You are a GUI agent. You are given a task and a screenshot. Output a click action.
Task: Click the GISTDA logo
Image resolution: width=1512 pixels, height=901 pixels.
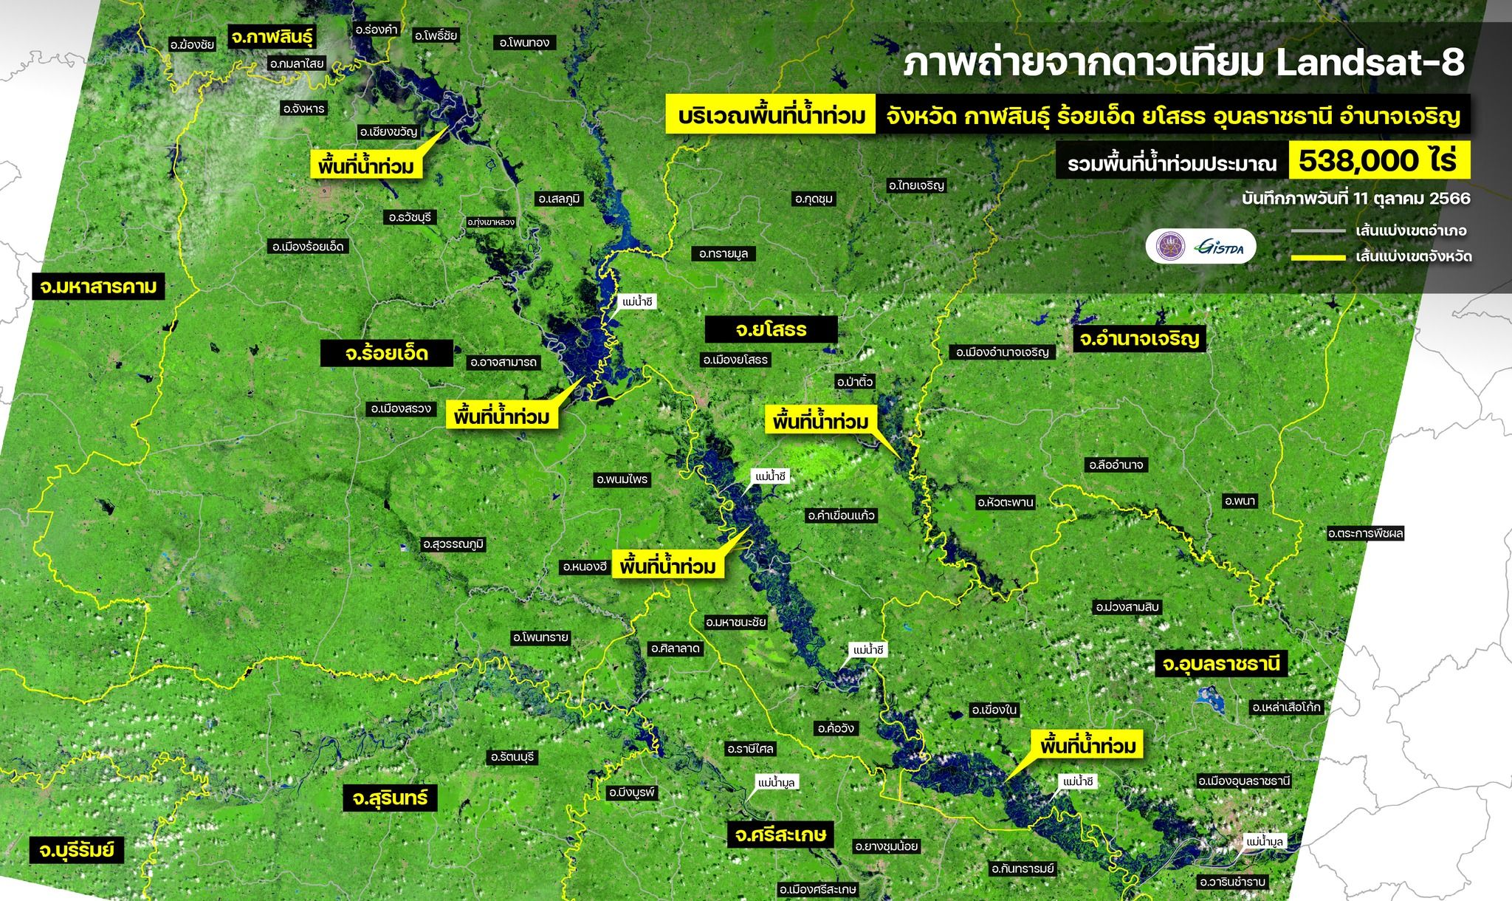pyautogui.click(x=1221, y=247)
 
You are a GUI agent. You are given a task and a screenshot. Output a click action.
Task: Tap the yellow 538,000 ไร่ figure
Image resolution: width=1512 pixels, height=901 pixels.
pyautogui.click(x=1378, y=160)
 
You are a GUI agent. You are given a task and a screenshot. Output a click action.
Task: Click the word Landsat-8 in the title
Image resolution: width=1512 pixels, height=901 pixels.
pyautogui.click(x=1370, y=64)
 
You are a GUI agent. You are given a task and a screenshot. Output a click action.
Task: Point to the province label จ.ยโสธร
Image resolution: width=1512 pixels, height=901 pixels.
pyautogui.click(x=771, y=329)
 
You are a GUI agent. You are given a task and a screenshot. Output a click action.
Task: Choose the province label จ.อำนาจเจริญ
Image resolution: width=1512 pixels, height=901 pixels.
pyautogui.click(x=1138, y=339)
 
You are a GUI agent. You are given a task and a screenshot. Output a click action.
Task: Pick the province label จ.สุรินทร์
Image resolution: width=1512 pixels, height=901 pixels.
pyautogui.click(x=390, y=798)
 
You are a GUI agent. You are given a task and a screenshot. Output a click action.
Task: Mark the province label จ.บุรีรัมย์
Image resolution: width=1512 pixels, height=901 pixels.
pyautogui.click(x=77, y=849)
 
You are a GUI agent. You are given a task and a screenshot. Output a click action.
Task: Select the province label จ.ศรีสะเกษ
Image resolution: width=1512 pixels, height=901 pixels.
pyautogui.click(x=780, y=835)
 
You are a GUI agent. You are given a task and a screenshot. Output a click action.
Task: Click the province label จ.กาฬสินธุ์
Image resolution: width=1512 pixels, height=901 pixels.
pyautogui.click(x=272, y=36)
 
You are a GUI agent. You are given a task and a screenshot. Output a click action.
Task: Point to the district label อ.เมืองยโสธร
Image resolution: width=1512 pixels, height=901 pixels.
pyautogui.click(x=735, y=360)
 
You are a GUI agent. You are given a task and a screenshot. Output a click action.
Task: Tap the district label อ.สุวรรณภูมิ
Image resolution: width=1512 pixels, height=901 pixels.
pyautogui.click(x=453, y=544)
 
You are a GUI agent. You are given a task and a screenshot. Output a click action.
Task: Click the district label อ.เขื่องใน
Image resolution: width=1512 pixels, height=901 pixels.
pyautogui.click(x=994, y=710)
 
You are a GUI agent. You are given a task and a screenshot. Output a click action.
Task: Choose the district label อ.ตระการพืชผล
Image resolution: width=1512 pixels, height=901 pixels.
pyautogui.click(x=1365, y=532)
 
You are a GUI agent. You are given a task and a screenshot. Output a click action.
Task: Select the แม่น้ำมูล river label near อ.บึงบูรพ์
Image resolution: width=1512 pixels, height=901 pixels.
pyautogui.click(x=777, y=782)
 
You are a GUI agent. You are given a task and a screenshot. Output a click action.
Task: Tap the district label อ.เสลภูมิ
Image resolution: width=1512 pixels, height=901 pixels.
pyautogui.click(x=560, y=199)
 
